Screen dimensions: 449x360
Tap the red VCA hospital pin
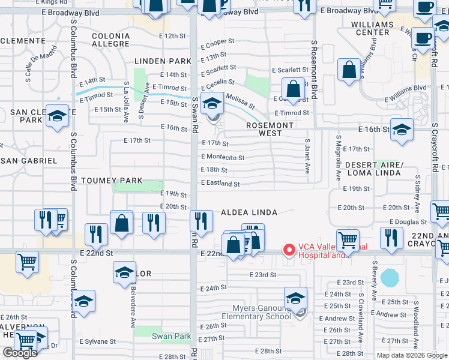[x=289, y=249]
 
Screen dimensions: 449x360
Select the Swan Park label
[x=171, y=337]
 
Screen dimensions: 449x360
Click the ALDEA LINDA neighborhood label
[x=249, y=212]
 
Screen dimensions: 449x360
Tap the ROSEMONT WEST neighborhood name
[x=271, y=130]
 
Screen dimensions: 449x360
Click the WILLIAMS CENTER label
[x=373, y=28]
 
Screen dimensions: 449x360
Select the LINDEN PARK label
[x=163, y=61]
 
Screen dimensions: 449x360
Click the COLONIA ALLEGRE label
[x=111, y=40]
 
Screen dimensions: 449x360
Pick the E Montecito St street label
[x=223, y=158]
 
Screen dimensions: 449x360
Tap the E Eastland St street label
[x=220, y=184]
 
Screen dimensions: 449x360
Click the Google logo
[x=20, y=353]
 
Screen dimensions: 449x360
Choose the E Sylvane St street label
[x=98, y=341]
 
